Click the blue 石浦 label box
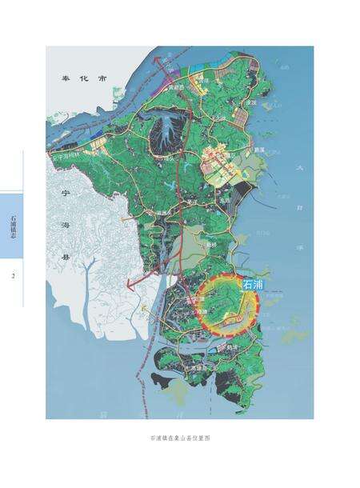[251, 284]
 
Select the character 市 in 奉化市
[102, 79]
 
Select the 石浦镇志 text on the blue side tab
[12, 226]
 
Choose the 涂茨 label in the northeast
[250, 102]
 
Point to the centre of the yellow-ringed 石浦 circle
[230, 305]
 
